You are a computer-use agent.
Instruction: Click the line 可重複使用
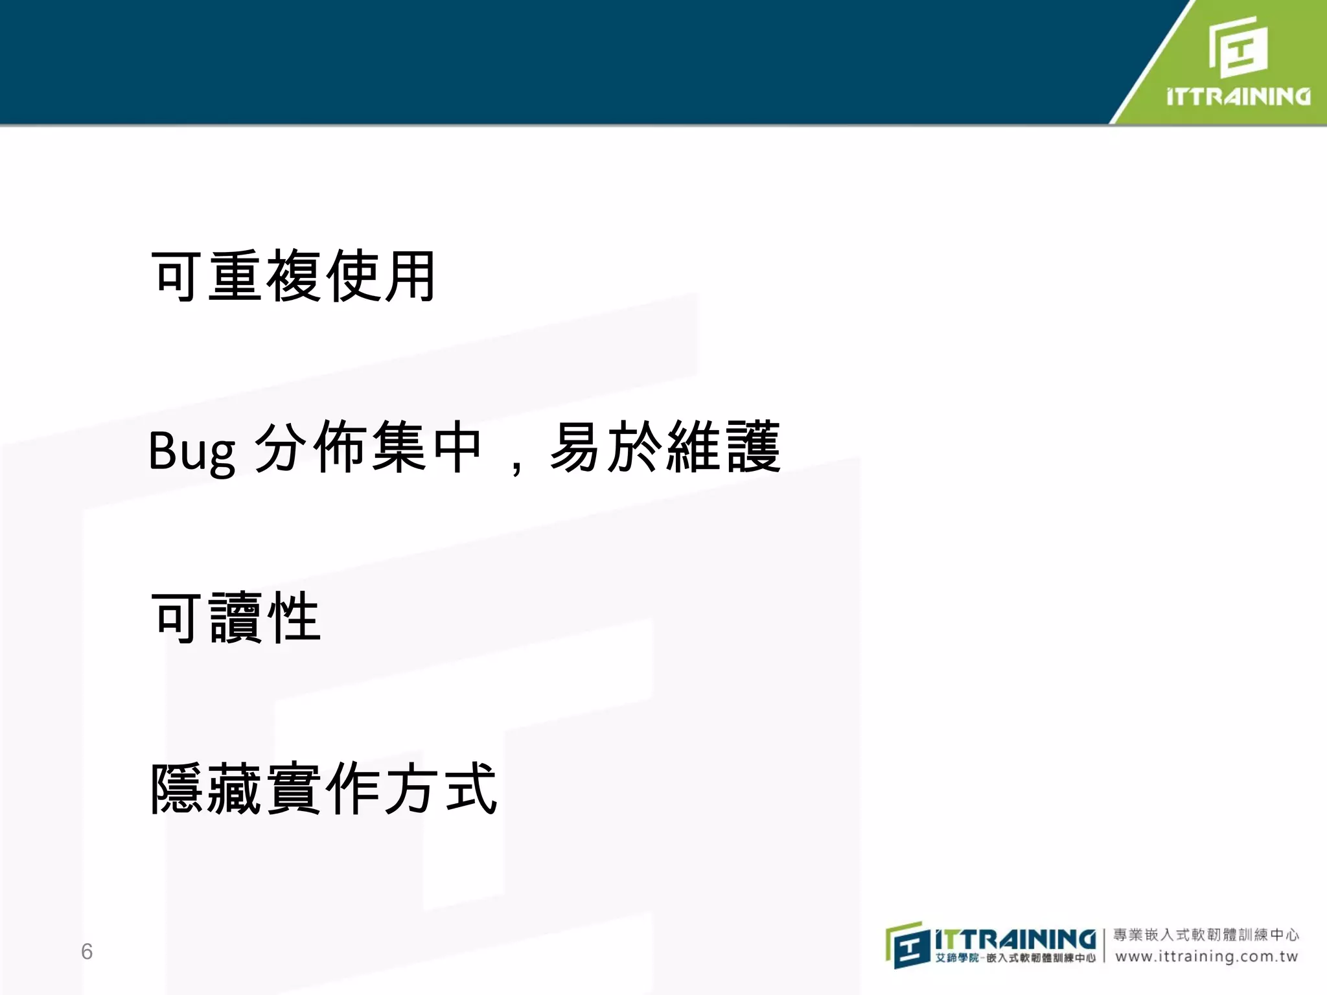(x=294, y=277)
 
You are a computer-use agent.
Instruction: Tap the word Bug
(x=192, y=451)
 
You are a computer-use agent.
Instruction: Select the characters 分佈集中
(x=367, y=447)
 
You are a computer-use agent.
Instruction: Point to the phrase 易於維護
(x=665, y=447)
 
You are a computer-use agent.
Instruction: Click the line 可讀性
(x=236, y=618)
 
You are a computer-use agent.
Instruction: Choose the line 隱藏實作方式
(x=324, y=788)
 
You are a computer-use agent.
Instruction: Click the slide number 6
(x=87, y=951)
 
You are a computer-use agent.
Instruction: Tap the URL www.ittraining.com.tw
(x=1206, y=957)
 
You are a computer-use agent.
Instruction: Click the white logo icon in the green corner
(x=1238, y=47)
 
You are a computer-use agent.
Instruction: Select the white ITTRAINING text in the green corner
(x=1238, y=97)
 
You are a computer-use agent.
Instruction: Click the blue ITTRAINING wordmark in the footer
(x=1015, y=939)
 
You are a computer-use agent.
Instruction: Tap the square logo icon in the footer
(x=907, y=945)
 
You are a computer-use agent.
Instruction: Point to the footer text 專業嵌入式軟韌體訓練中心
(x=1206, y=935)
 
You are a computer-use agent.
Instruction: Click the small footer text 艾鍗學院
(x=956, y=958)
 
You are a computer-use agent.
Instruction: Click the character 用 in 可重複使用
(x=410, y=277)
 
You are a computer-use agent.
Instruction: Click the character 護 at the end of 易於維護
(x=754, y=447)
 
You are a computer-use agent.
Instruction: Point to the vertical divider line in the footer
(x=1104, y=946)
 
